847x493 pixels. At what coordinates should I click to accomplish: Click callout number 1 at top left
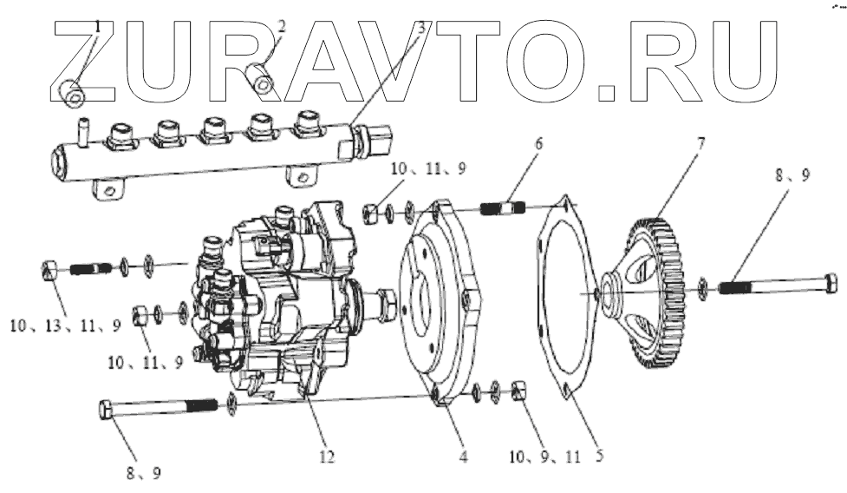point(98,27)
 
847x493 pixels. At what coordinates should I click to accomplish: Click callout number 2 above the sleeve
point(281,26)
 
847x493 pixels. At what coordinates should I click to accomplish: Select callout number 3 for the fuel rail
point(421,27)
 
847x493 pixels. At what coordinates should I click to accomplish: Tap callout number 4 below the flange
point(463,455)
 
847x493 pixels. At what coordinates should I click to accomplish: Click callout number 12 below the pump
point(326,455)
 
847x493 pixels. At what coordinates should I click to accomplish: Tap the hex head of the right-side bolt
point(830,282)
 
